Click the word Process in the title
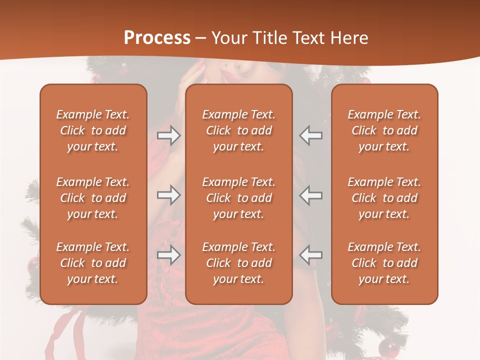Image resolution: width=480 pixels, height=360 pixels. pos(157,38)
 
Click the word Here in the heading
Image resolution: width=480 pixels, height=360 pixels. pos(349,38)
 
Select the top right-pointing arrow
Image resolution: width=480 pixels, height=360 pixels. pos(169,135)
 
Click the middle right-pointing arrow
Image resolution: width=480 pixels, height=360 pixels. pos(169,195)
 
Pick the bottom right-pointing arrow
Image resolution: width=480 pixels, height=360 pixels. pos(169,255)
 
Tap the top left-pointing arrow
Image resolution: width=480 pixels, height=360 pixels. pos(311,135)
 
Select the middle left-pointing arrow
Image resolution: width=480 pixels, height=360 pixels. pos(311,195)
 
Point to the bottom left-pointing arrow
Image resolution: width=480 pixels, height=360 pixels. pos(311,255)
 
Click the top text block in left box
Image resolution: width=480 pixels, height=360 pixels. pos(93,130)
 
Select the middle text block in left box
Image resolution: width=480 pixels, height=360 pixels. pos(93,198)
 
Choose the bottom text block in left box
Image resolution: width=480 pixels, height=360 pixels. pos(93,263)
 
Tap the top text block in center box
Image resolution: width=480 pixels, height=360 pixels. pos(239,130)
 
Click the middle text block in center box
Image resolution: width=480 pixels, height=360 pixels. pos(239,198)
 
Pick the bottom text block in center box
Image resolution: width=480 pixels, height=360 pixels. pos(239,263)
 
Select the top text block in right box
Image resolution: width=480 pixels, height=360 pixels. pos(384,130)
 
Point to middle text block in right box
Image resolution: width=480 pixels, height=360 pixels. pos(384,198)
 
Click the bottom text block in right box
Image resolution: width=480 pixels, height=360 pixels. pos(384,263)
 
